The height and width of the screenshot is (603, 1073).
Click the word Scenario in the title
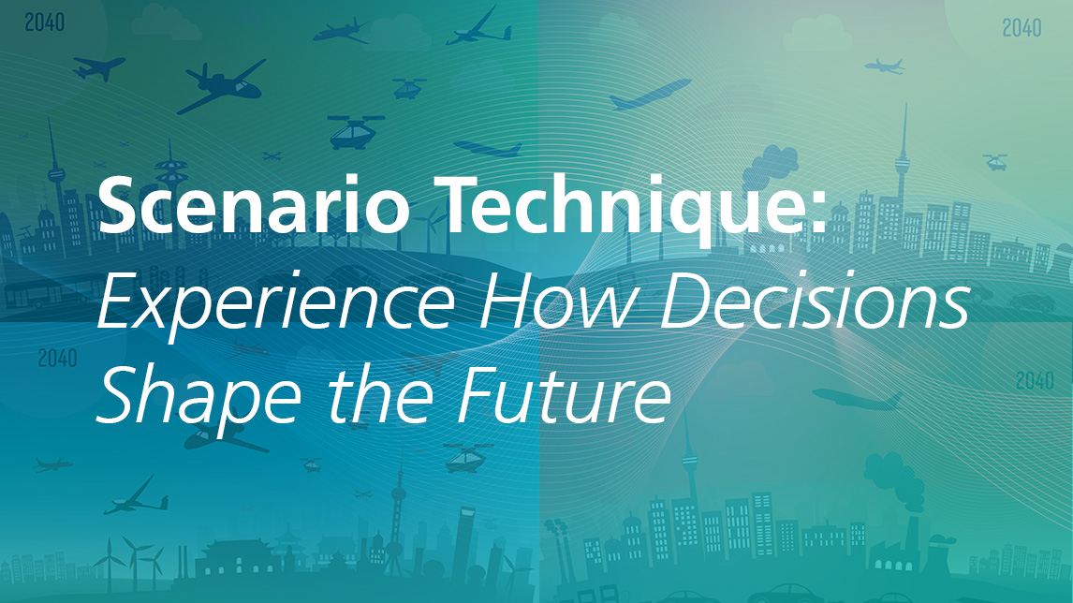click(254, 205)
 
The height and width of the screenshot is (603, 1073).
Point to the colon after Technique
click(817, 213)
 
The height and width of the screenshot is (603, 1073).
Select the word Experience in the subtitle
click(276, 305)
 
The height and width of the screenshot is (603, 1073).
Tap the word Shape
click(199, 397)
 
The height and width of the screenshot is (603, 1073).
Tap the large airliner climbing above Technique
click(650, 94)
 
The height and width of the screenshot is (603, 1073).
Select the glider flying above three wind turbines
click(136, 497)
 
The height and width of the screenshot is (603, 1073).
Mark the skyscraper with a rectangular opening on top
click(466, 540)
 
